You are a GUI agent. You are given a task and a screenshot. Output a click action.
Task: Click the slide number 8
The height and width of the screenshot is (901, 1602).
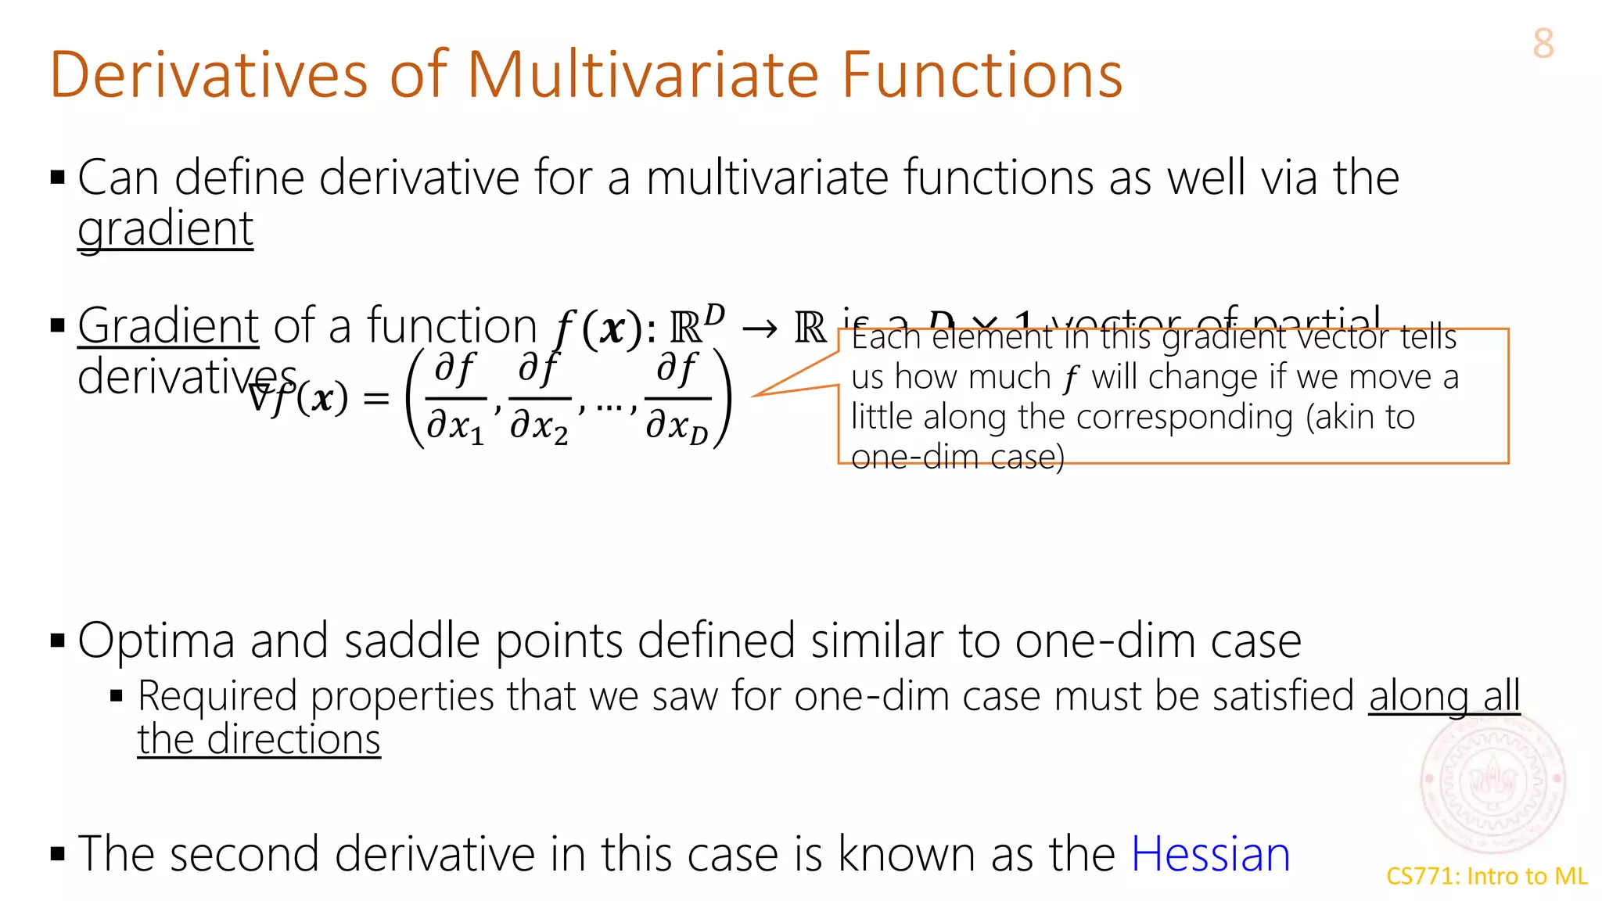[x=1543, y=44]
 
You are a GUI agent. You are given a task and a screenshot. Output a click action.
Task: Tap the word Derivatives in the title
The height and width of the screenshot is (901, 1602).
[x=208, y=75]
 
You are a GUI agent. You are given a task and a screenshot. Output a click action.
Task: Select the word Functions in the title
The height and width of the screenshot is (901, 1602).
[x=982, y=75]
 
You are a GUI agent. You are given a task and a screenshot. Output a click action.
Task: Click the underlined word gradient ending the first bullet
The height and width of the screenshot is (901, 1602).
[x=165, y=230]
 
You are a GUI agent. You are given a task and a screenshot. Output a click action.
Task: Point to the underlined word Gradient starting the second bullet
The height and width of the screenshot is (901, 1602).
[x=167, y=326]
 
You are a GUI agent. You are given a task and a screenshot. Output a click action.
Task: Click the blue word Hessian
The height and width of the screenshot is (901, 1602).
[x=1210, y=853]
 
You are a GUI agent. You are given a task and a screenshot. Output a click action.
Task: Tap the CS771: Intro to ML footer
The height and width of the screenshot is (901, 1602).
[x=1486, y=876]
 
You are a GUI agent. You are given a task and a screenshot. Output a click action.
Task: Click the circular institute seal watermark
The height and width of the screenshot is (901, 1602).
[x=1492, y=782]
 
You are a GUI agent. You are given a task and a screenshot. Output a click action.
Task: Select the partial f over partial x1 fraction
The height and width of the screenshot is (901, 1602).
[x=455, y=398]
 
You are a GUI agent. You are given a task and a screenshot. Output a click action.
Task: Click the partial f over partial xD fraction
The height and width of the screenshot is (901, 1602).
[x=677, y=398]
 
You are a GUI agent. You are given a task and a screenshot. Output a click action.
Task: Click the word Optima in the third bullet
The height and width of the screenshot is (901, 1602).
[x=156, y=641]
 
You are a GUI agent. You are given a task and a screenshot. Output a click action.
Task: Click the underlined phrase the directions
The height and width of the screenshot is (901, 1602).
[x=258, y=740]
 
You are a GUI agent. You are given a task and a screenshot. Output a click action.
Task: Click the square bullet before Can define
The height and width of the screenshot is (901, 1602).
[x=57, y=178]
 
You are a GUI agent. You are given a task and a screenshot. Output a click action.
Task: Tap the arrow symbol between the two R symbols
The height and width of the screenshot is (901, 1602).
[x=760, y=328]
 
